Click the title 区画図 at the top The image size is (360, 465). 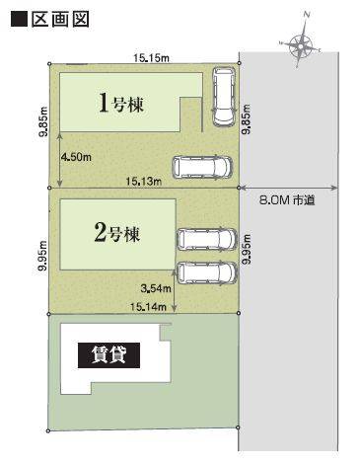point(60,20)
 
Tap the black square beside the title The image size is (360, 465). point(19,20)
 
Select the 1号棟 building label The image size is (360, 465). point(121,103)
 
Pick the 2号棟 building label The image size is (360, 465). point(117,233)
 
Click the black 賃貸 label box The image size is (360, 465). point(108,355)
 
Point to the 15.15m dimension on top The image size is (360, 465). point(151,58)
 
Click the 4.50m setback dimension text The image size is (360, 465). point(76,157)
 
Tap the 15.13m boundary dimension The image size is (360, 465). point(144,181)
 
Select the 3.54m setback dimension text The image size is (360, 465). point(156,288)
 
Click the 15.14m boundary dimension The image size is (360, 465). point(148,307)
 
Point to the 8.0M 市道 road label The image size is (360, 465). point(287,200)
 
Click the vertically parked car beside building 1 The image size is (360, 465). point(224,97)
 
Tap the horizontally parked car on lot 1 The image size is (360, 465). point(202,167)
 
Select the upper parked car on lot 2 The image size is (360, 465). point(206,239)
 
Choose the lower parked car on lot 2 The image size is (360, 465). point(206,272)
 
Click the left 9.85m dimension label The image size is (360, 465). point(44,121)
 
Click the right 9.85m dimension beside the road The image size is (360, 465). point(246,119)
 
